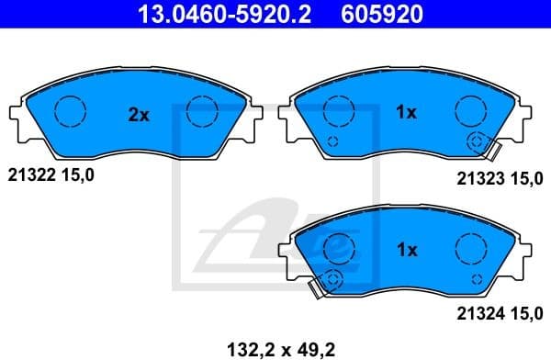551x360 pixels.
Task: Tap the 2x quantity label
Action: point(138,115)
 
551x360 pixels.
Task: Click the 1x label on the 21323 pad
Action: point(406,113)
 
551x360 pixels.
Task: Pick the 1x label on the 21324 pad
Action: point(406,249)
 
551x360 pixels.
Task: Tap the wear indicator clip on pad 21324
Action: point(323,285)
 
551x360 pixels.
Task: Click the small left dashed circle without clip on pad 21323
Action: point(332,141)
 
